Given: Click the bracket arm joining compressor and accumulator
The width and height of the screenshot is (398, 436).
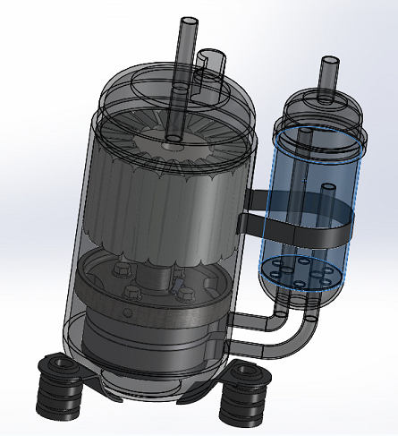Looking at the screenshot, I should click(255, 201).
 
